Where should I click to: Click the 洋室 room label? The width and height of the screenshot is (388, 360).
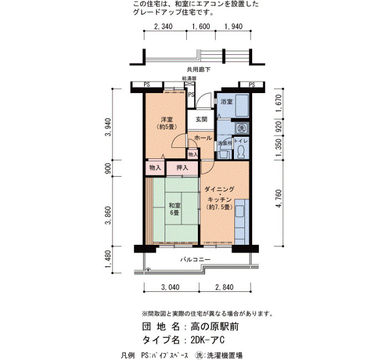(x=166, y=120)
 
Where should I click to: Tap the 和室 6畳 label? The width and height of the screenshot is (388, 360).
(x=175, y=209)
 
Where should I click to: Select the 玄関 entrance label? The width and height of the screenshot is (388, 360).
(x=201, y=120)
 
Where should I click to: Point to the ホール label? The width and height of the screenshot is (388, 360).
(x=203, y=138)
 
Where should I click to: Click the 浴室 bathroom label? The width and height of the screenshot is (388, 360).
(x=226, y=101)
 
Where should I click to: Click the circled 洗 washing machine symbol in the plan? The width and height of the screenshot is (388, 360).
(x=241, y=128)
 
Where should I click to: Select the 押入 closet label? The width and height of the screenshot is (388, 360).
(x=182, y=168)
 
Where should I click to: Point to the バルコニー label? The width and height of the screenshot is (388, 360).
(x=195, y=259)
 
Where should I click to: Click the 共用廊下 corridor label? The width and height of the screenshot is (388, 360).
(x=198, y=70)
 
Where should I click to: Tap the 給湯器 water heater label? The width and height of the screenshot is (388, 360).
(x=190, y=79)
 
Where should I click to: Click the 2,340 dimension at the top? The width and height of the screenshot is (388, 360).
(x=164, y=27)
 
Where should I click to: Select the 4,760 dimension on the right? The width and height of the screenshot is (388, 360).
(x=279, y=198)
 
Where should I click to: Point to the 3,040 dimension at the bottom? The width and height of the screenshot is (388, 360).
(x=171, y=287)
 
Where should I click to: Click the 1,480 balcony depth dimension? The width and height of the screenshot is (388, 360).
(x=108, y=259)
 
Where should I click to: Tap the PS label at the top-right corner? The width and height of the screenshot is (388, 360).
(x=252, y=85)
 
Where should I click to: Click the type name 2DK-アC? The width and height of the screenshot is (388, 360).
(x=207, y=340)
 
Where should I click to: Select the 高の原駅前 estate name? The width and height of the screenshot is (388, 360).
(x=215, y=327)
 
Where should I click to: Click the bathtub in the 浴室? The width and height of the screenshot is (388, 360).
(x=241, y=106)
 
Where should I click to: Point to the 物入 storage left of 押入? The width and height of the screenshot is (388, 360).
(x=155, y=168)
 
